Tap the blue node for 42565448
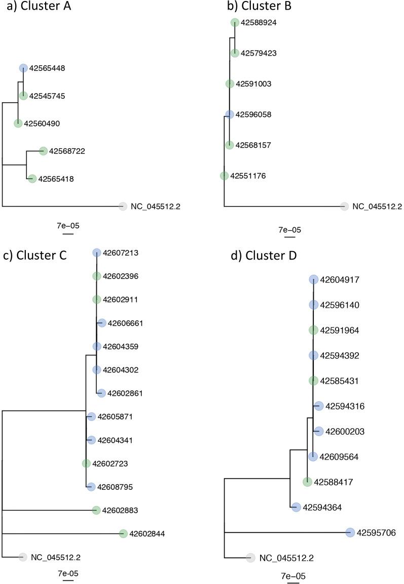point(23,68)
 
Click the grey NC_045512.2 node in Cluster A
point(122,206)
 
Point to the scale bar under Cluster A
point(68,234)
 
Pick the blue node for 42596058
point(230,114)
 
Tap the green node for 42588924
point(235,22)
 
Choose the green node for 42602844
point(123,533)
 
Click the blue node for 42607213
point(97,253)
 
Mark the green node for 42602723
point(87,463)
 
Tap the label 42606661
point(125,323)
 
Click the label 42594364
point(324,507)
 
